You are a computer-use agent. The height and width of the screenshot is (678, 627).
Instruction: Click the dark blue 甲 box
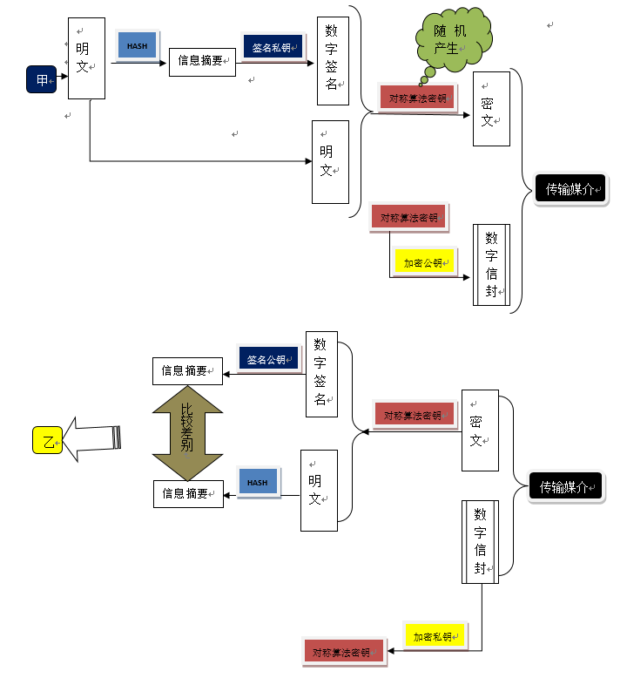point(42,79)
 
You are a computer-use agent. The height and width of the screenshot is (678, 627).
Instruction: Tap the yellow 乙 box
point(48,440)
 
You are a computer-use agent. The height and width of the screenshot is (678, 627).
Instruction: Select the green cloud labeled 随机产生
point(453,40)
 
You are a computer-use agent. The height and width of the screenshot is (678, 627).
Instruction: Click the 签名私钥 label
point(273,47)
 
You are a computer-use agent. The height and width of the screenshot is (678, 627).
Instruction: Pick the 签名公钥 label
point(268,358)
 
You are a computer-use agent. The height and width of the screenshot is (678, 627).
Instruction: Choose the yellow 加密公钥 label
point(424,261)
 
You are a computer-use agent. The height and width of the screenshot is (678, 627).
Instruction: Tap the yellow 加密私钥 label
point(435,635)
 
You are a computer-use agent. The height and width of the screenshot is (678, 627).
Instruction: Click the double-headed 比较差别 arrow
point(187,433)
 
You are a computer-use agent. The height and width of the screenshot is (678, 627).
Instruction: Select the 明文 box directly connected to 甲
point(86,58)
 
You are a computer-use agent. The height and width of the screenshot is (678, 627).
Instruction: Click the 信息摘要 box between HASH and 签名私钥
point(202,62)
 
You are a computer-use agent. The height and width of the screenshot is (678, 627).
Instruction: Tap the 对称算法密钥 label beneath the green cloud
point(417,98)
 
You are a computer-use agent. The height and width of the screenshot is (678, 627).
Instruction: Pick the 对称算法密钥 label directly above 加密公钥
point(408,217)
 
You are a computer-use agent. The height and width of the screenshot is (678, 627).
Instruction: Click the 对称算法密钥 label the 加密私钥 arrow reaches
point(344,652)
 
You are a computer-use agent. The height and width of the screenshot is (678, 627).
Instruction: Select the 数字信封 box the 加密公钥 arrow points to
point(491,265)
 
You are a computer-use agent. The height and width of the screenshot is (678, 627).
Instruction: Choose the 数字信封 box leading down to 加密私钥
point(480,542)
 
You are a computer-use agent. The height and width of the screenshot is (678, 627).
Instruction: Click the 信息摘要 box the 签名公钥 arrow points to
point(187,371)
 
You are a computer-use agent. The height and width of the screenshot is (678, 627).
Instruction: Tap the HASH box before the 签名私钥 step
point(137,45)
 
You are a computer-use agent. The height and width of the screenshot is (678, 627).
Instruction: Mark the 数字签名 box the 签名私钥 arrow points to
point(333,61)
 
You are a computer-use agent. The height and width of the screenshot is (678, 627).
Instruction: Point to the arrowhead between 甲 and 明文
point(64,77)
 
